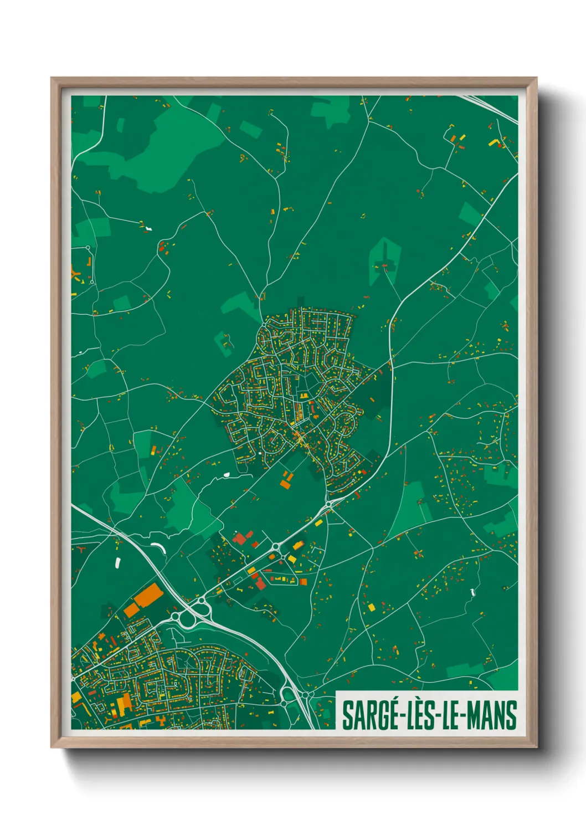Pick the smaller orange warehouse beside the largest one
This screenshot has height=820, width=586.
(x=132, y=609)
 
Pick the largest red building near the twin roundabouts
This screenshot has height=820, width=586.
(x=239, y=538)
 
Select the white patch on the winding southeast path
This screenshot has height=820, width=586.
(x=472, y=592)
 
